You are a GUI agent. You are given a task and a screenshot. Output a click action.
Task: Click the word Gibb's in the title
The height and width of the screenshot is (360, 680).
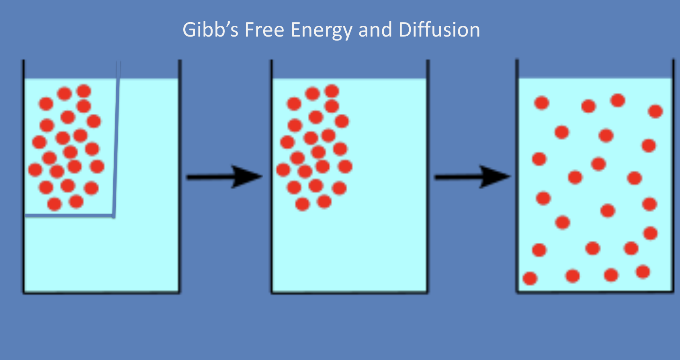click(211, 30)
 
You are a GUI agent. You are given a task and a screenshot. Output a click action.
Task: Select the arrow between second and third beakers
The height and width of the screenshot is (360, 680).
click(472, 177)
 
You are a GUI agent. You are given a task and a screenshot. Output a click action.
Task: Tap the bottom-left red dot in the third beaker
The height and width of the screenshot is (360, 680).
click(530, 278)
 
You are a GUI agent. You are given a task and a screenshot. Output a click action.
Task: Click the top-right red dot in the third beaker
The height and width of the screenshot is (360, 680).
click(655, 111)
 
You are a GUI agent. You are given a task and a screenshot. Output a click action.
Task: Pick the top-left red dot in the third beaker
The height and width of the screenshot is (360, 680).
click(542, 103)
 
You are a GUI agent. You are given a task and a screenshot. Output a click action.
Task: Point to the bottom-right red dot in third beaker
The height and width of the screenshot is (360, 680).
click(643, 272)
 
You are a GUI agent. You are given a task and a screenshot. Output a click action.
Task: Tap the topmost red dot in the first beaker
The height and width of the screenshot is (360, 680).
click(84, 91)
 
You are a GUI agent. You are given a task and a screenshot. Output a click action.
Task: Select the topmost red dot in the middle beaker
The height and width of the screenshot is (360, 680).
click(332, 91)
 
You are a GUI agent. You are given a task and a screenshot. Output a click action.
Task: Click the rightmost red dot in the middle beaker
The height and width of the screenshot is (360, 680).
click(345, 166)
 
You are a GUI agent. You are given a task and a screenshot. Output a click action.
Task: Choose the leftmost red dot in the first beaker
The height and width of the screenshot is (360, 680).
click(35, 170)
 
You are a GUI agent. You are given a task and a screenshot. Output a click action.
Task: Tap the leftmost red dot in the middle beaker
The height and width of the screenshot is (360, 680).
click(283, 170)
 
